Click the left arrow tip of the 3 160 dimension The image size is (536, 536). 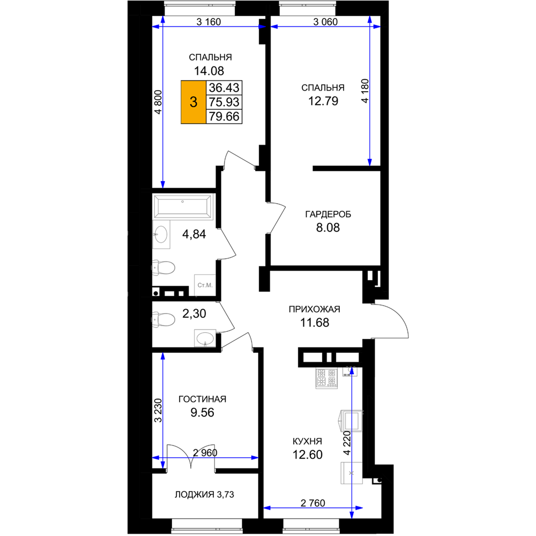click(x=152, y=27)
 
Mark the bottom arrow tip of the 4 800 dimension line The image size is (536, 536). click(x=163, y=188)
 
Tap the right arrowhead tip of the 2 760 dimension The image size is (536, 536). click(x=363, y=508)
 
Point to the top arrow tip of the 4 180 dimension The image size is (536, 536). click(x=370, y=16)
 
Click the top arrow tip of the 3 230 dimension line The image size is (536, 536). click(x=163, y=353)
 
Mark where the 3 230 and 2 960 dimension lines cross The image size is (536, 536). click(x=163, y=458)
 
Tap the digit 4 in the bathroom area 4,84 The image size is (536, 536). click(x=185, y=234)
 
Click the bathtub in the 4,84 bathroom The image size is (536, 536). click(x=183, y=206)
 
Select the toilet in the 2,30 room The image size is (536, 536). click(x=163, y=319)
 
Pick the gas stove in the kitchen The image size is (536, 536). click(x=326, y=378)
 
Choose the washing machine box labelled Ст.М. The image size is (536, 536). click(x=205, y=285)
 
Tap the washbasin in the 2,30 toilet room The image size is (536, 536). click(x=205, y=338)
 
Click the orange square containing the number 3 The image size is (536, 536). click(x=193, y=102)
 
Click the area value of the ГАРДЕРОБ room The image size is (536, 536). click(x=328, y=228)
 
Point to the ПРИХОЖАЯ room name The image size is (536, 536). click(x=315, y=309)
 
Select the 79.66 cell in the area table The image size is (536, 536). click(x=224, y=116)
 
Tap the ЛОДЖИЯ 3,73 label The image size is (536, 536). click(x=204, y=494)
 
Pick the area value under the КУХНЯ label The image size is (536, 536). click(x=307, y=455)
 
